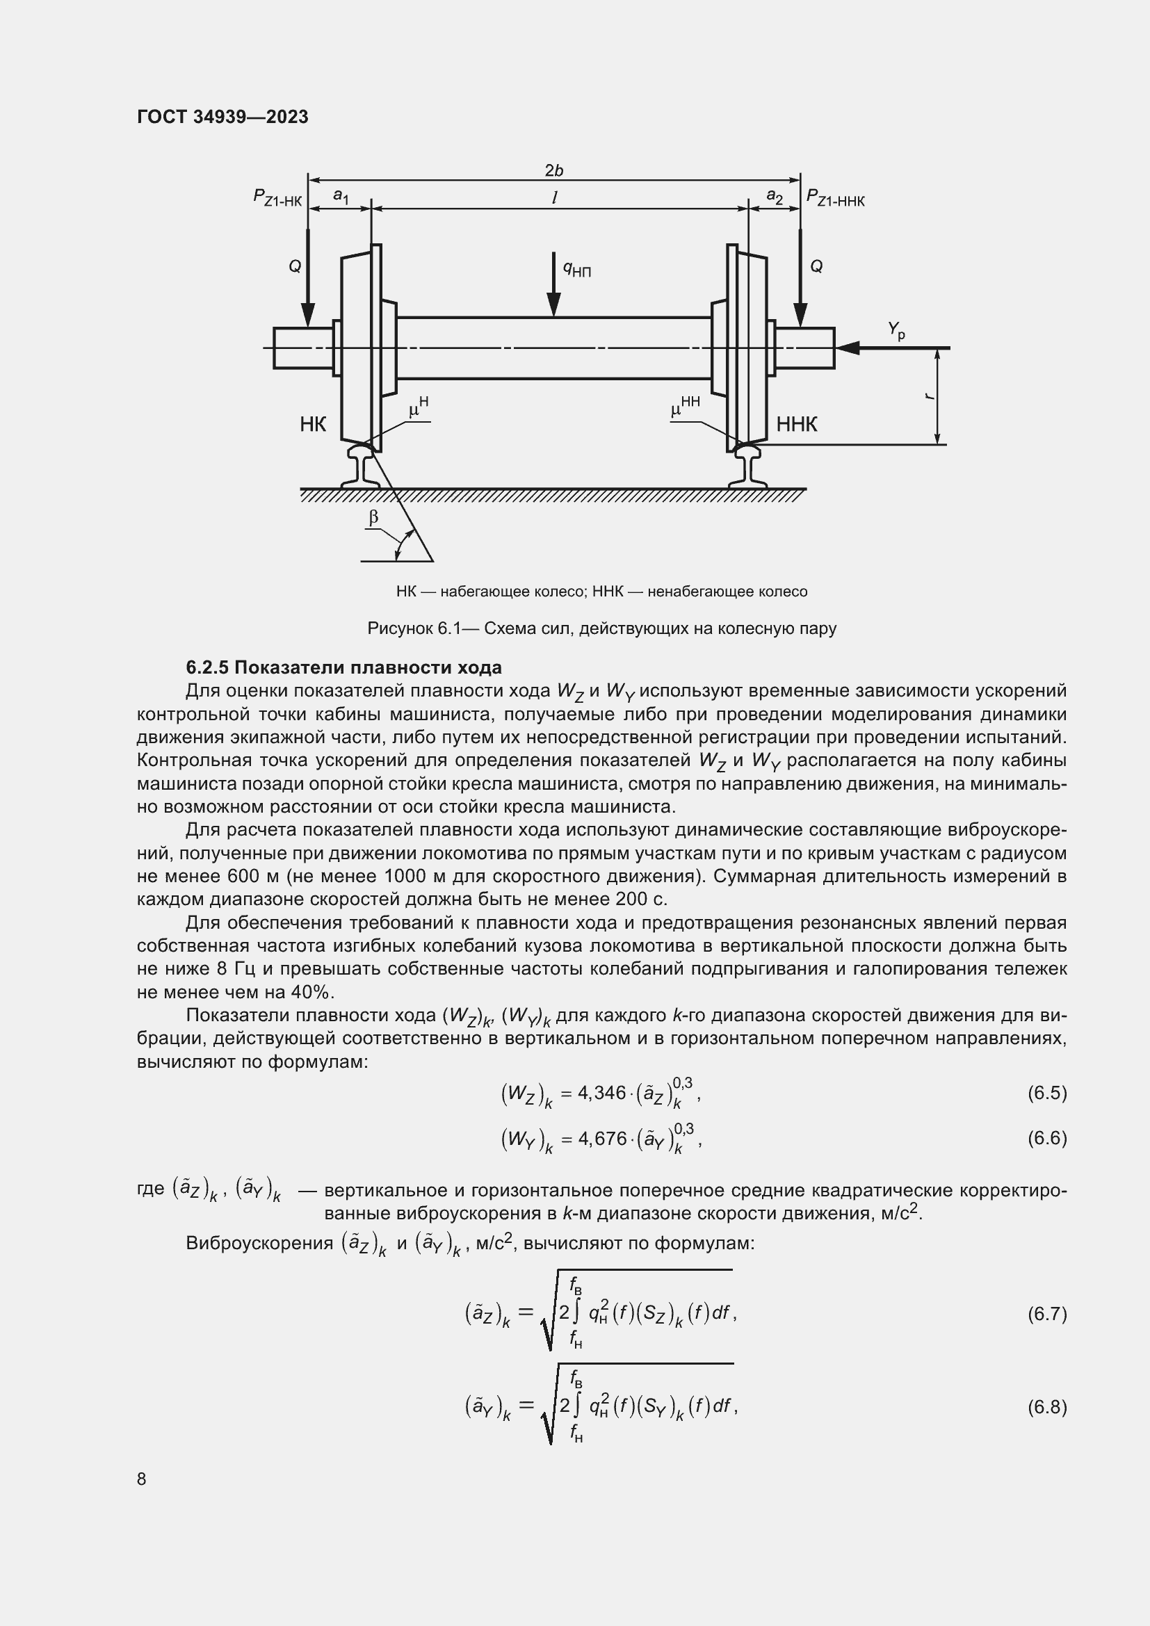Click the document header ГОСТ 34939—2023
[222, 117]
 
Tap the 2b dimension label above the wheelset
[553, 171]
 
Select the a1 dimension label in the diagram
[341, 196]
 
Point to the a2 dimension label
[775, 196]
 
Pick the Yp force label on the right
[896, 330]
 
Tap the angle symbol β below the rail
[374, 518]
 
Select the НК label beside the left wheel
[313, 424]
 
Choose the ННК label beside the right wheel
[797, 424]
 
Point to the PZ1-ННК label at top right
[836, 198]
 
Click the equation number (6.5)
[1046, 1093]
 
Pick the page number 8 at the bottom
[142, 1479]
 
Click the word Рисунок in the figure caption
[398, 628]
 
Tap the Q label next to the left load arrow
[295, 266]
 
